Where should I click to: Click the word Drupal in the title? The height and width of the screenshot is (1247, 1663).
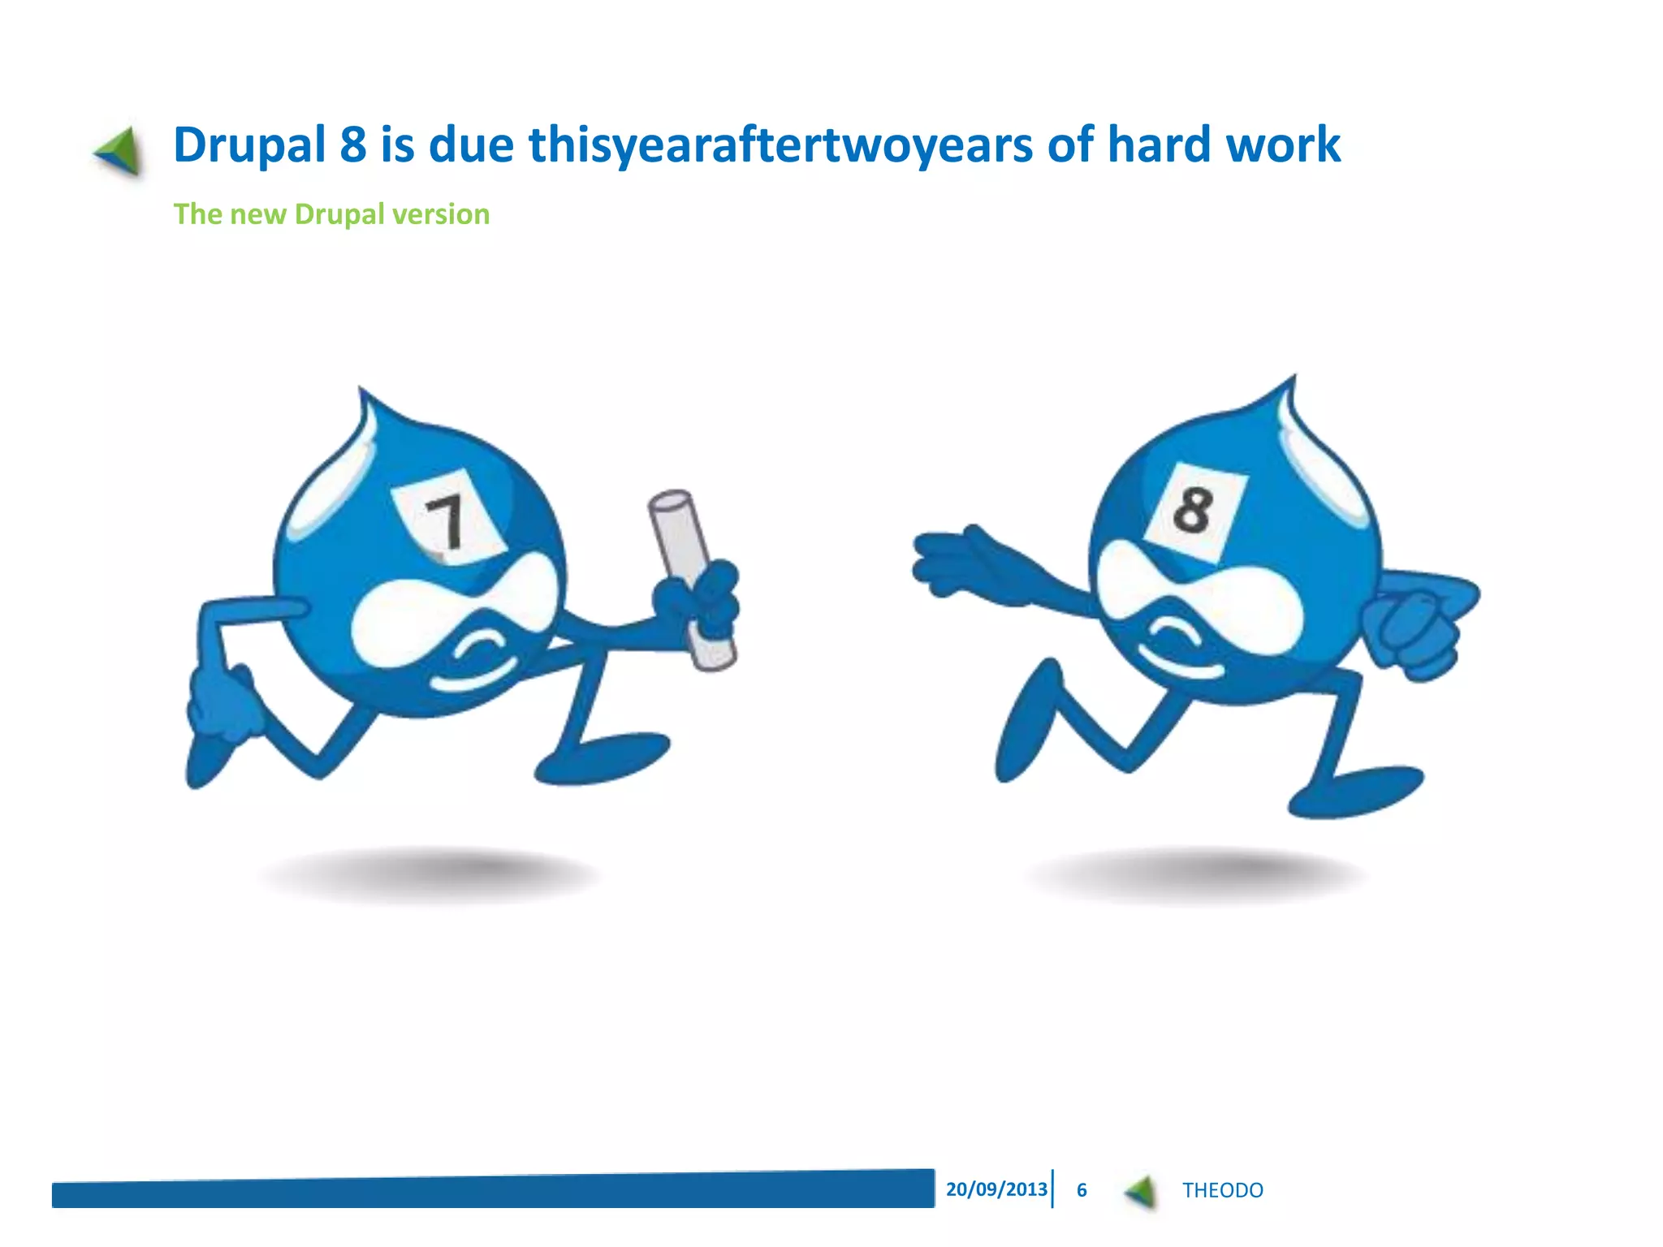tap(249, 146)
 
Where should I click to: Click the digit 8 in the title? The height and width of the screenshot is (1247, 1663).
tap(353, 145)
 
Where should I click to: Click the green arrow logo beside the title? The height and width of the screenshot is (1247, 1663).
tap(119, 151)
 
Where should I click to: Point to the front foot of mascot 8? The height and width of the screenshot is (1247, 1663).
tap(1356, 792)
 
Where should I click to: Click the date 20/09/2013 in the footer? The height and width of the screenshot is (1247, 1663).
tap(996, 1189)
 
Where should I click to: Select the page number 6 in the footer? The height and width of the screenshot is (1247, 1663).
tap(1082, 1190)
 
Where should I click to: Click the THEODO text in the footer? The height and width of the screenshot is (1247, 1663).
tap(1222, 1190)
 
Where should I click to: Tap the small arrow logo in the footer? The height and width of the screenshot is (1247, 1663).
tap(1142, 1191)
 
